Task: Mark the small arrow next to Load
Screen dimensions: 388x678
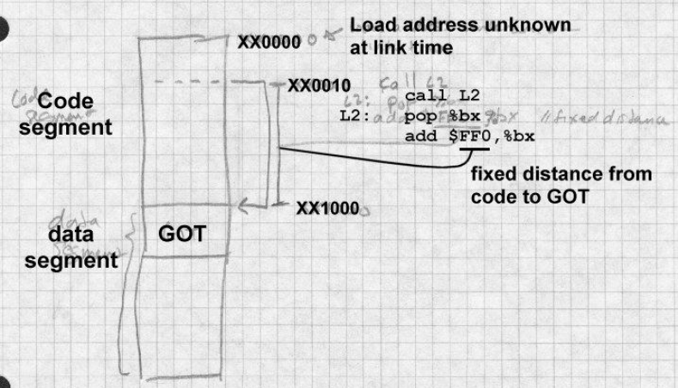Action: (x=328, y=37)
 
